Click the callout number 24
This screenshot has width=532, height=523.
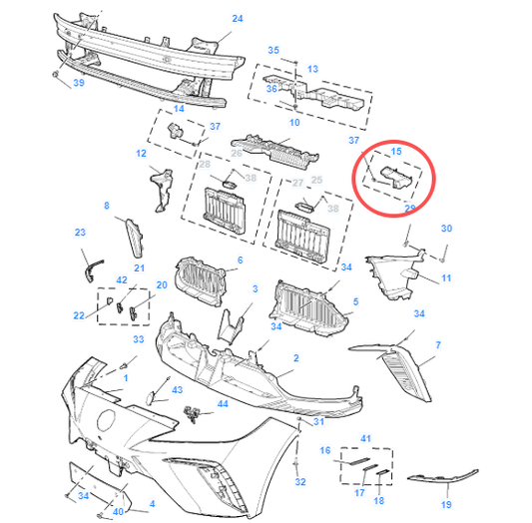[x=238, y=19]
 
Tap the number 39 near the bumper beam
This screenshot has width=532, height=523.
[x=78, y=84]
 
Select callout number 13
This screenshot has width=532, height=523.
[x=313, y=69]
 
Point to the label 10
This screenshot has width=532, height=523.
[x=294, y=122]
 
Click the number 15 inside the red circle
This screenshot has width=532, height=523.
[x=396, y=152]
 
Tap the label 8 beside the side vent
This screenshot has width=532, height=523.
[x=107, y=206]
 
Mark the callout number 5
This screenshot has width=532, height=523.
[x=356, y=300]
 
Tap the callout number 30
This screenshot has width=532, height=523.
[x=446, y=229]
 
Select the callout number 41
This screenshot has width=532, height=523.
[x=365, y=438]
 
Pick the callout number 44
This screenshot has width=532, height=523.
[x=223, y=404]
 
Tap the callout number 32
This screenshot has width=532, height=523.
[x=299, y=482]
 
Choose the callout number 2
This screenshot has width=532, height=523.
[x=295, y=356]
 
